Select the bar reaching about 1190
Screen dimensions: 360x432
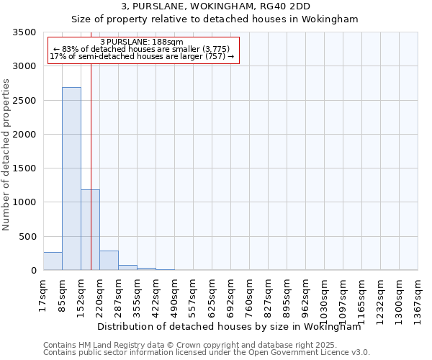click(90, 230)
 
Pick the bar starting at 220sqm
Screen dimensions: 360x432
click(109, 261)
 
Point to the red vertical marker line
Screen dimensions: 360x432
click(91, 144)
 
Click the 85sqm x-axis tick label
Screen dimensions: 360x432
click(63, 294)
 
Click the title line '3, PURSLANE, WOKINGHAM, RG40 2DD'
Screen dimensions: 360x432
click(215, 6)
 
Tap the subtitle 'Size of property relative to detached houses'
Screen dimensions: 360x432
click(215, 19)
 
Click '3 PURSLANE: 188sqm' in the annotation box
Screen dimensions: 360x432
click(143, 42)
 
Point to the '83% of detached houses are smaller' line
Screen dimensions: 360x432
click(142, 50)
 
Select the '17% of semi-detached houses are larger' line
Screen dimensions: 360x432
click(142, 57)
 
